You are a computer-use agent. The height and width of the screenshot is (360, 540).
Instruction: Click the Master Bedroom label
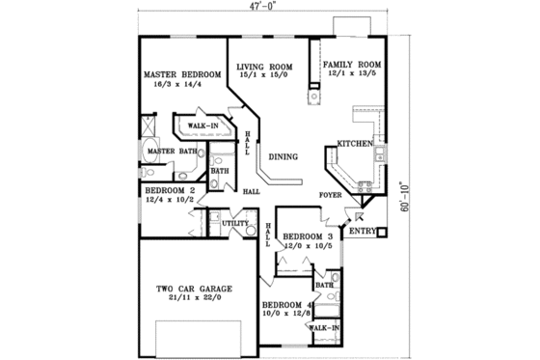point(176,74)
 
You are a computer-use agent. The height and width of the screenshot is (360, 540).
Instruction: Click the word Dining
point(283,156)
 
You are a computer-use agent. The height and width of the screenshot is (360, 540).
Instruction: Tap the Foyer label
point(332,195)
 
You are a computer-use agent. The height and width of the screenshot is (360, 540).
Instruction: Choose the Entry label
point(362,232)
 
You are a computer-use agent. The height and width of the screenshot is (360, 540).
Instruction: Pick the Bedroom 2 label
point(171,191)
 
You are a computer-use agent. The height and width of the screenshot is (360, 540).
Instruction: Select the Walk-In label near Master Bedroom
point(202,126)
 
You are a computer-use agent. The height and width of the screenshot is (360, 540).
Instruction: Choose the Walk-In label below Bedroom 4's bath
point(323,329)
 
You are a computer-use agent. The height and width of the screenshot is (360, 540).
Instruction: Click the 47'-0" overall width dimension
point(261,7)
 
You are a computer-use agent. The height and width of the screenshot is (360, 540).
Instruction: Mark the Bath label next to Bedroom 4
point(324,285)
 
